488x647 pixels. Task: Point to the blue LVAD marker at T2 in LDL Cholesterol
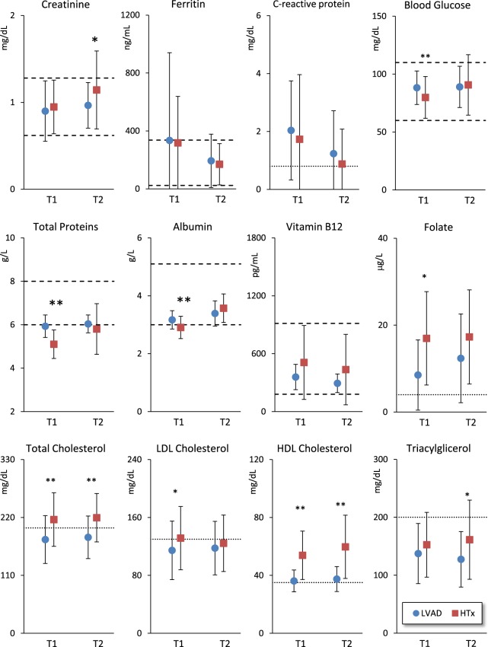point(215,548)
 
